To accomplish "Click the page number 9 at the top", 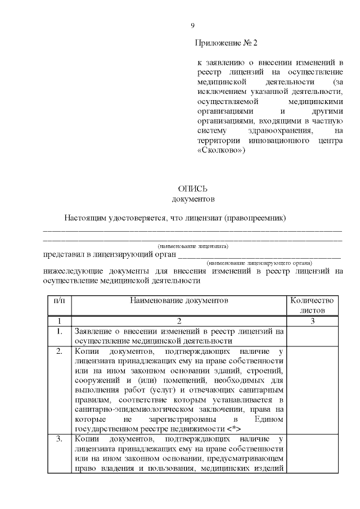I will click(x=193, y=26).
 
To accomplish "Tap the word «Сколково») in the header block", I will click(x=222, y=151).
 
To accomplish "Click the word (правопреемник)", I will click(x=256, y=217).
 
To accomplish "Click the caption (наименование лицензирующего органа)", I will click(x=259, y=263).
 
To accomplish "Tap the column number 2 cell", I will click(x=179, y=321).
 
